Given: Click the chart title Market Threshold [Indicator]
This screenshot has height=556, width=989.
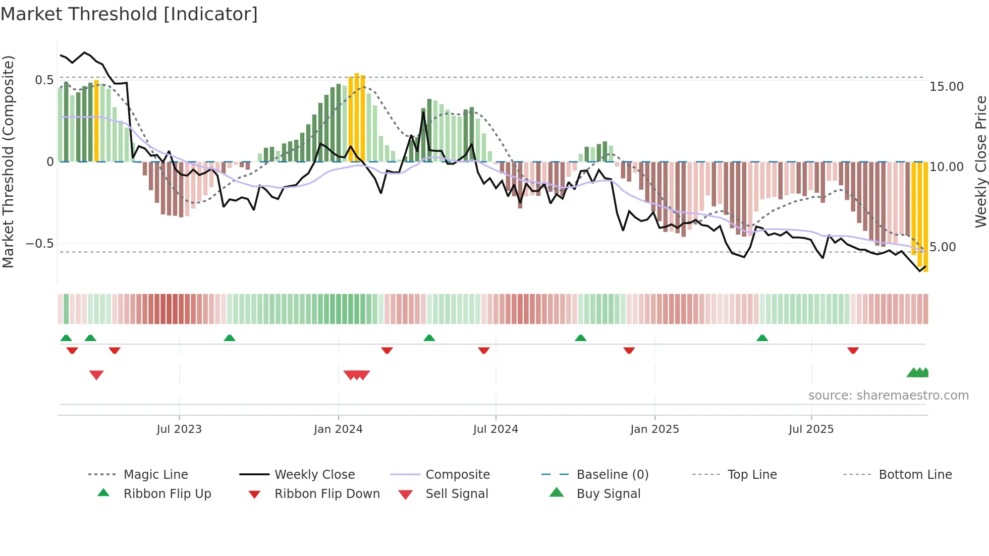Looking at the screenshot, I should click(x=129, y=14).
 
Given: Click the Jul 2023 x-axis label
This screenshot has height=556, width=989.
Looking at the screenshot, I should click(x=179, y=429).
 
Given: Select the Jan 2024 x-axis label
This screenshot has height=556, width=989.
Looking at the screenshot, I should click(x=338, y=429).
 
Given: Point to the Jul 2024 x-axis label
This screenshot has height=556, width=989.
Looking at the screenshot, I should click(x=496, y=429).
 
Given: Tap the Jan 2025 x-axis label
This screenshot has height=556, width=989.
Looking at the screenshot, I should click(x=654, y=429).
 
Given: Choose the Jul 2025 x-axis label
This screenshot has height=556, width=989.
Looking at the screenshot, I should click(x=811, y=429).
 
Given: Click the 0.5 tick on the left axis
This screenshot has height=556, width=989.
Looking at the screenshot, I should click(x=44, y=80).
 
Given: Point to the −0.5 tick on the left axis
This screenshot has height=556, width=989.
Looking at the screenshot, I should click(x=40, y=244).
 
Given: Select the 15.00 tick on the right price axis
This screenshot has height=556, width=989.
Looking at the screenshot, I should click(x=947, y=87).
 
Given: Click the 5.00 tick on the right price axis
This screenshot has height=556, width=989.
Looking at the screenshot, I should click(x=943, y=247).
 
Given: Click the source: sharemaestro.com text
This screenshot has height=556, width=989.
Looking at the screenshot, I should click(x=888, y=396).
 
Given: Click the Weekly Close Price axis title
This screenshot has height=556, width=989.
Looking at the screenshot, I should click(x=980, y=161).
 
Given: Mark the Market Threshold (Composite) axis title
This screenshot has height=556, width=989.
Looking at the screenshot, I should click(x=9, y=161).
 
